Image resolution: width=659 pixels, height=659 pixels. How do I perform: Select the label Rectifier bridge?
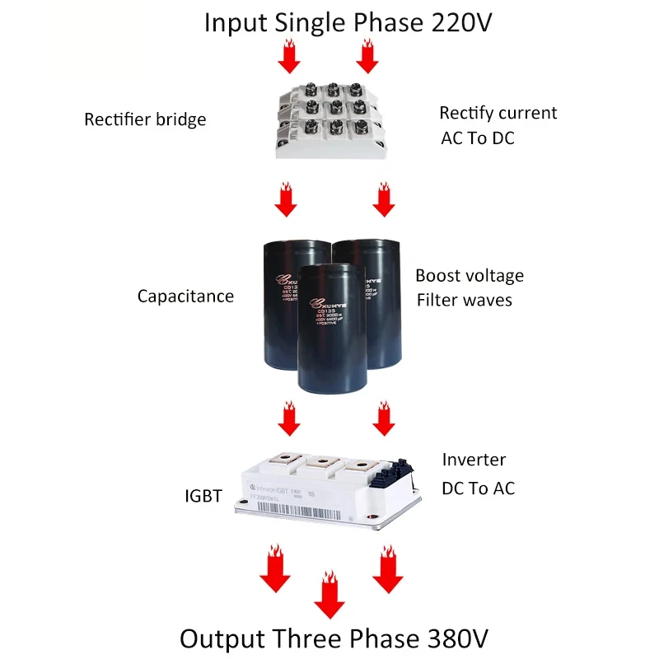click(145, 119)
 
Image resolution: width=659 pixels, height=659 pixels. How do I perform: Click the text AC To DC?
click(478, 138)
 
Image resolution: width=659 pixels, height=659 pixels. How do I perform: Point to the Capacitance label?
click(185, 296)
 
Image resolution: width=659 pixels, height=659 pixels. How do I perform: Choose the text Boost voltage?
click(469, 275)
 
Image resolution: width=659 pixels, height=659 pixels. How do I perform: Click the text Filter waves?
click(464, 300)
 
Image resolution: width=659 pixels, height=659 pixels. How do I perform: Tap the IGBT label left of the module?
click(203, 496)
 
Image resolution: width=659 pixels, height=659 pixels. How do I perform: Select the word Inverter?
click(474, 460)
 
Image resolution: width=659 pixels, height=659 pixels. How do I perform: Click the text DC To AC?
click(478, 488)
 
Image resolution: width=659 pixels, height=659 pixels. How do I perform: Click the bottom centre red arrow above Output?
click(330, 594)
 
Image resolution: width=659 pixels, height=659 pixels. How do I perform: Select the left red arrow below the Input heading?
click(288, 58)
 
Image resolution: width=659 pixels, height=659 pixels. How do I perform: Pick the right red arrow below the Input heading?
click(367, 58)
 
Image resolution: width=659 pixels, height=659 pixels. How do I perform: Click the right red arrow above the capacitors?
click(381, 200)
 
